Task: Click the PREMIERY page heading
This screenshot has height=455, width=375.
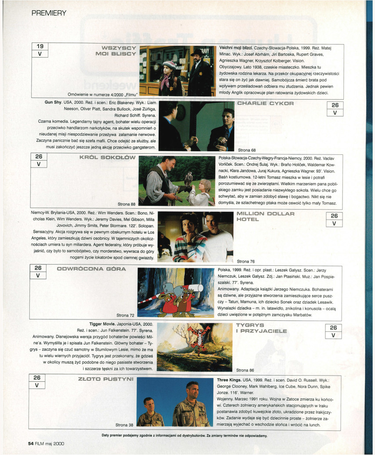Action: [x=49, y=13]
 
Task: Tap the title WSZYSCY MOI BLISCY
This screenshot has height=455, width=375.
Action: [x=116, y=51]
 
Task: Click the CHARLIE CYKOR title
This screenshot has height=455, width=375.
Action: [x=266, y=103]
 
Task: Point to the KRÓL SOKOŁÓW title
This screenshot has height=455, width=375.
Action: [x=108, y=157]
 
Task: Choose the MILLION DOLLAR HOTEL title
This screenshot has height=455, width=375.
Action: [x=266, y=216]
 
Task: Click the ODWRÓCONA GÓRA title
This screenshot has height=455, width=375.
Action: [x=91, y=269]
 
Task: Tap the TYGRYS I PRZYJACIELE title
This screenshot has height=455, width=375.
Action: [x=261, y=328]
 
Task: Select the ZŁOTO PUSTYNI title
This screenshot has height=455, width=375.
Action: [x=106, y=379]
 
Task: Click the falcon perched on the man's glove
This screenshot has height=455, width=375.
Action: [x=189, y=179]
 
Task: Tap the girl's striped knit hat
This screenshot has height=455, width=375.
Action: [x=169, y=64]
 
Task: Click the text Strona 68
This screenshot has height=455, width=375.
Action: [x=247, y=150]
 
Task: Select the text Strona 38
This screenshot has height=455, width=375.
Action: [x=124, y=425]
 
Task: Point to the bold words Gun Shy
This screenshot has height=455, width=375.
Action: [x=53, y=102]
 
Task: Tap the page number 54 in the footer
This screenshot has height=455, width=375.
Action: [x=31, y=444]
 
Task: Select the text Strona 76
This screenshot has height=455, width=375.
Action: [x=246, y=261]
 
